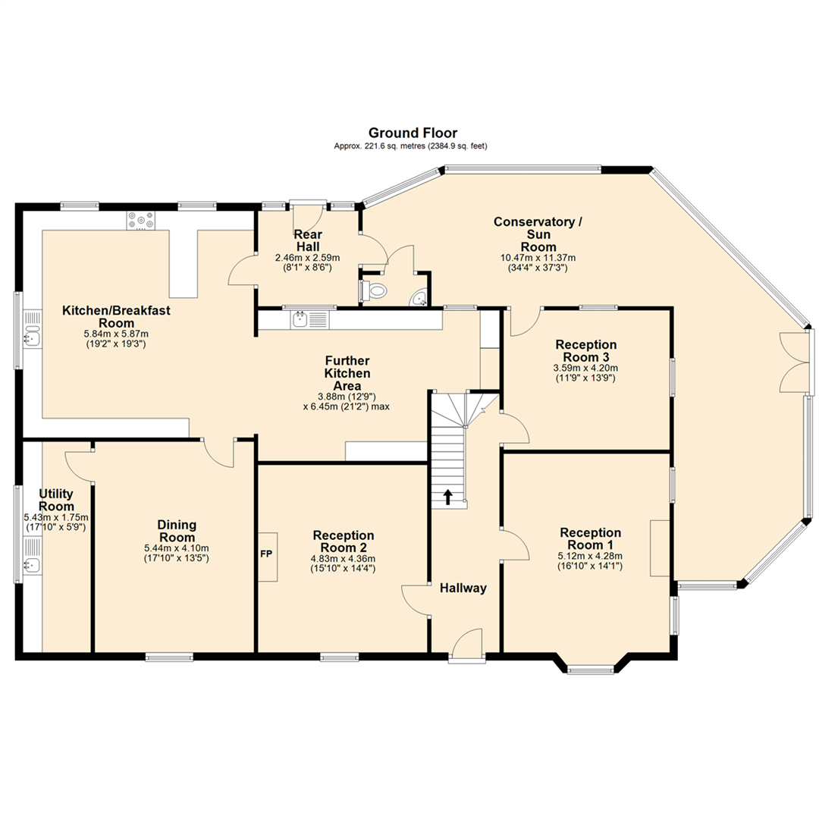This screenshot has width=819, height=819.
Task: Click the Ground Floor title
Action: (x=413, y=133)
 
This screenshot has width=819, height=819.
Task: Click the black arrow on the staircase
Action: (x=447, y=497)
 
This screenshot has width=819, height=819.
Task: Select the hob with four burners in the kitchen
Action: (x=141, y=220)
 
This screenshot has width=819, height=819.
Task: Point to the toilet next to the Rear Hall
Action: (x=374, y=290)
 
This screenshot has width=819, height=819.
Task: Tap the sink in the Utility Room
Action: (x=31, y=563)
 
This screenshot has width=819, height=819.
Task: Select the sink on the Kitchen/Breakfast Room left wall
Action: (x=31, y=337)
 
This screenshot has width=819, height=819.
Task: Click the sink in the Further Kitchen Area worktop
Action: (x=301, y=318)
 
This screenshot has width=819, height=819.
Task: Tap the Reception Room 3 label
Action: (x=585, y=350)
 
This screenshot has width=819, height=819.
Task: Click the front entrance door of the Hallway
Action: (x=466, y=645)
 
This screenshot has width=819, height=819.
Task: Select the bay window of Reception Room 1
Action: (x=591, y=669)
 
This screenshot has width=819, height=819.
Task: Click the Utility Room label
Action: (x=56, y=500)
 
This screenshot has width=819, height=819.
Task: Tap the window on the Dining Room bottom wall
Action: (x=169, y=657)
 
